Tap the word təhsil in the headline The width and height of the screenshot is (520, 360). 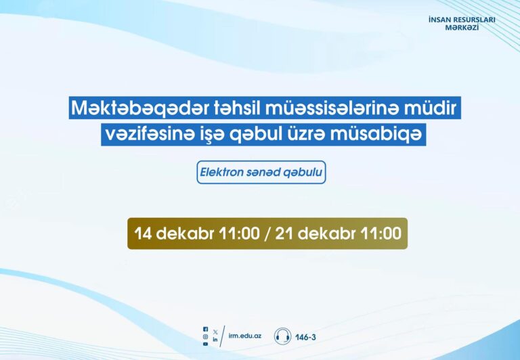pos(236,108)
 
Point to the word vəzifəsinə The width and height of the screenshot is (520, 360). pos(149,134)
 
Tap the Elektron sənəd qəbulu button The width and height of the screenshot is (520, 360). pos(261,173)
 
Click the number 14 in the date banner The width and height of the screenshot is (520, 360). pos(143,233)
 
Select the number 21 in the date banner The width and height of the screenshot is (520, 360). pos(284,233)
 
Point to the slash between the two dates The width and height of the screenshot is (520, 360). pos(267,233)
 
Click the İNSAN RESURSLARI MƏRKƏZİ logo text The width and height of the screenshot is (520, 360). pos(462,23)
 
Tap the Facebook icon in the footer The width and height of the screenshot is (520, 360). pos(206,329)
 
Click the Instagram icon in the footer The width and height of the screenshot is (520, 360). pos(206,336)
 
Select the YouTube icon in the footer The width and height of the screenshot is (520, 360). pos(206,344)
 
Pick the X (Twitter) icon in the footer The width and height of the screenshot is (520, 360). pos(215,332)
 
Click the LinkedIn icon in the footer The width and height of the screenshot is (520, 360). pos(215,340)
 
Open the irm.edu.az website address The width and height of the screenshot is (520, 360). pos(244,336)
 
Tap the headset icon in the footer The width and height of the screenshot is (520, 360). pos(282,336)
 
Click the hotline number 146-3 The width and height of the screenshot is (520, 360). pos(305,338)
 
